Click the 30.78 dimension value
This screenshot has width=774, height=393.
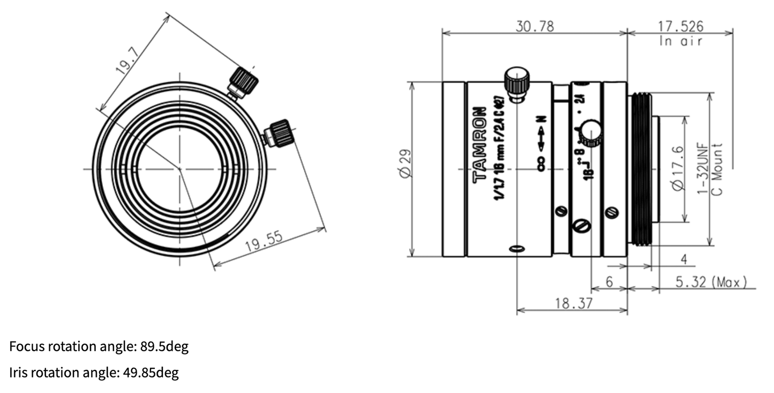point(535,26)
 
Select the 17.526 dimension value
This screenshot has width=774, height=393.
point(680,26)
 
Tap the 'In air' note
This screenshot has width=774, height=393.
point(680,41)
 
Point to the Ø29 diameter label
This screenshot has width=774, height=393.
point(405,164)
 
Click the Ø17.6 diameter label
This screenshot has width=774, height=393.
point(678,169)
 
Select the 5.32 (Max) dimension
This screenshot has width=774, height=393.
point(710,282)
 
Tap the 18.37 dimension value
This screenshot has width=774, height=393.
point(573,303)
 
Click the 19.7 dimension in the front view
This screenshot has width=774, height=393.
point(127,61)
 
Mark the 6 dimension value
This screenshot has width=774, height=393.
point(609,282)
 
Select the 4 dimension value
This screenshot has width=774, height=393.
point(683,259)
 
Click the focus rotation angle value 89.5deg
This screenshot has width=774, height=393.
point(164,347)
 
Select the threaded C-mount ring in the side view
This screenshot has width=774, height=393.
point(641,169)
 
